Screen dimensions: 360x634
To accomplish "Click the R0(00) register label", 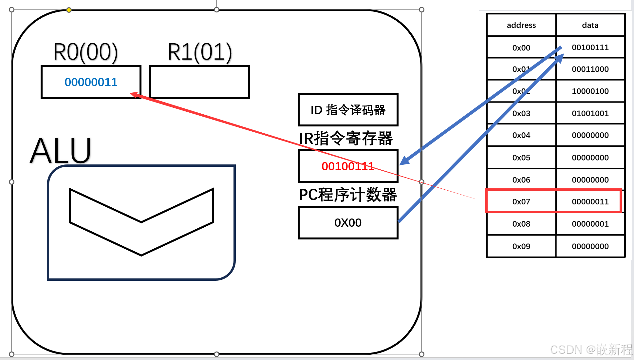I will [x=85, y=52].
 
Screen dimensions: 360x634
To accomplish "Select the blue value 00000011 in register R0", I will [x=91, y=82].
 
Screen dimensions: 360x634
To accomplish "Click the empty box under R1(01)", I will [x=199, y=82].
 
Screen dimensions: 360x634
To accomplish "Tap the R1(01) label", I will [x=199, y=52].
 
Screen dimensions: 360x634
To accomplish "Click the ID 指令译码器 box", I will [x=348, y=110].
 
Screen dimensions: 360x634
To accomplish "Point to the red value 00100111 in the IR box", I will [x=347, y=166].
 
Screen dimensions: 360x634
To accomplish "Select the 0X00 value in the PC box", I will [x=348, y=223].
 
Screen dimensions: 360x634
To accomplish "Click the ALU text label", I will [x=61, y=151].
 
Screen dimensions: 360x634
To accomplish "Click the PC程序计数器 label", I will [x=348, y=195].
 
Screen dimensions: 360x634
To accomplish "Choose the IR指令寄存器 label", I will [x=346, y=138].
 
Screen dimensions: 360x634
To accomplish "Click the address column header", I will [x=521, y=25].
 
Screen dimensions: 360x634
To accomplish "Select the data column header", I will [x=590, y=25].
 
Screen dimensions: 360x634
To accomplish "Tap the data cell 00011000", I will [x=590, y=69].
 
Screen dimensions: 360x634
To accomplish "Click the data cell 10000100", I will [x=590, y=91].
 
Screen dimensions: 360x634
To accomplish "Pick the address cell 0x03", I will [x=521, y=113].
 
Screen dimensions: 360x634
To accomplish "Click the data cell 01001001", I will [x=590, y=113].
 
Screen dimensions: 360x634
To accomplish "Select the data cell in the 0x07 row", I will [x=590, y=201].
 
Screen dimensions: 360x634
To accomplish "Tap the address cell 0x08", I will [x=521, y=224].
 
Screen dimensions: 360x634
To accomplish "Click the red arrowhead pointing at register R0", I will [x=134, y=95].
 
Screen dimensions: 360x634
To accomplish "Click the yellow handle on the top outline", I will [x=69, y=10].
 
